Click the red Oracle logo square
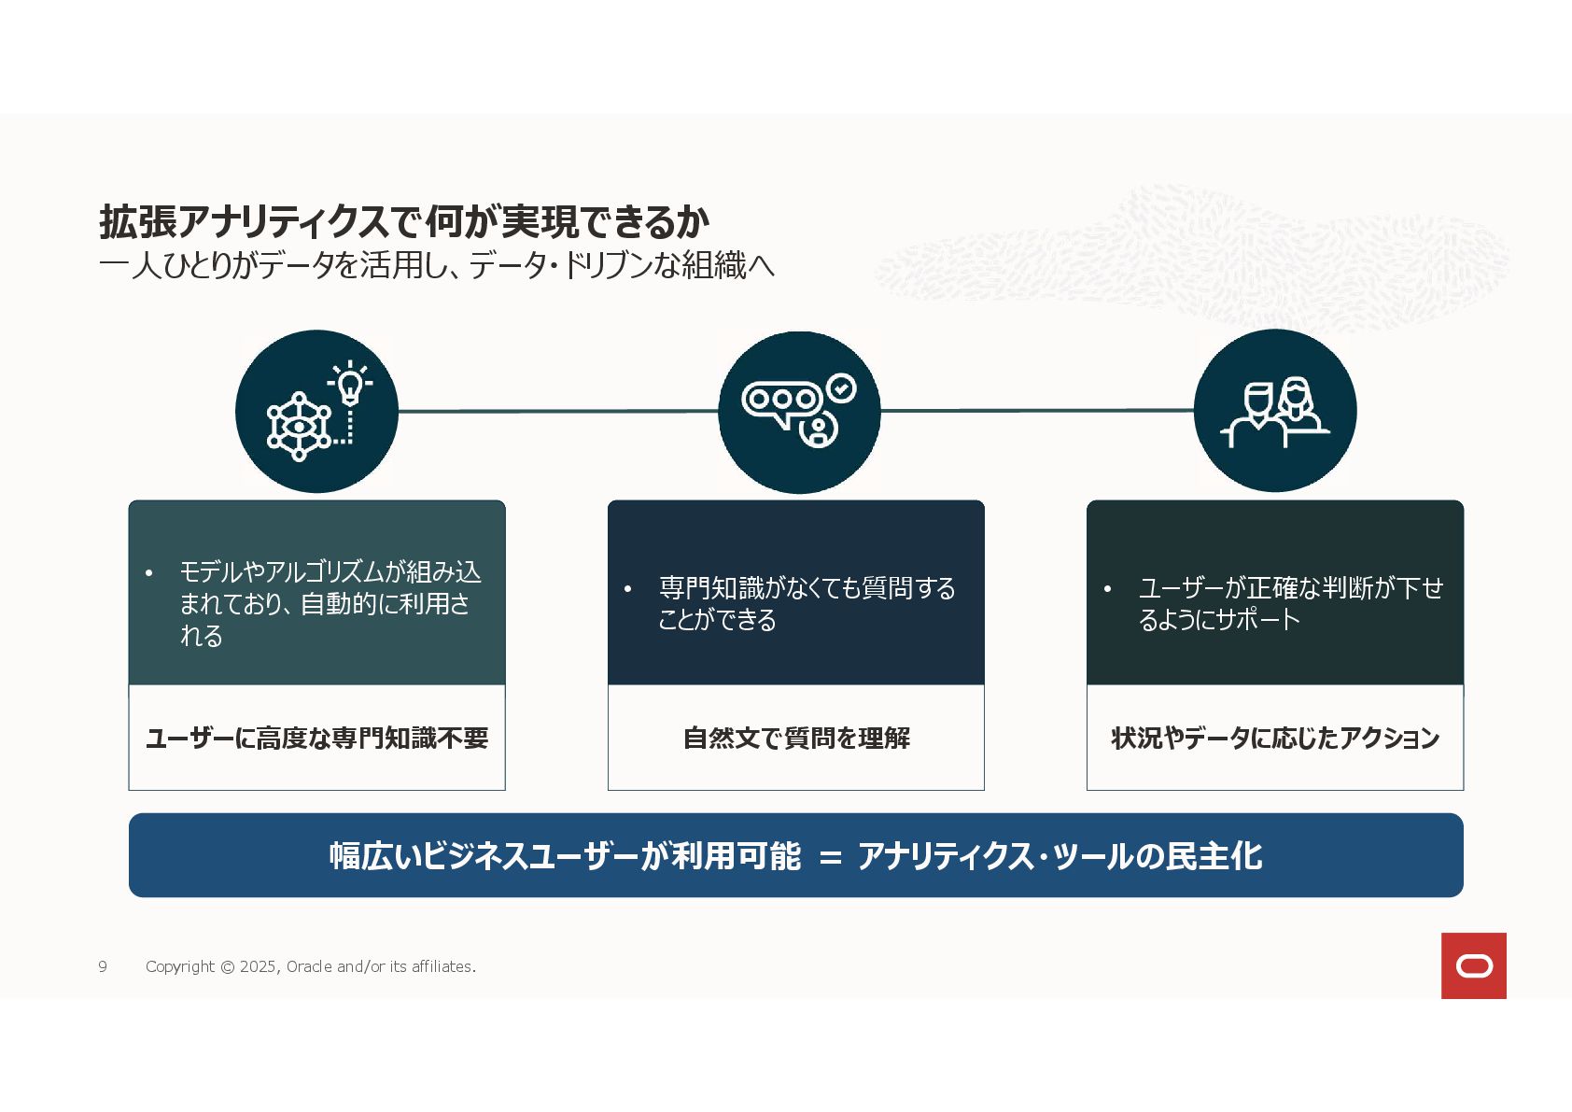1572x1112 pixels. tap(1473, 965)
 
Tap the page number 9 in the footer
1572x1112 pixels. tap(103, 966)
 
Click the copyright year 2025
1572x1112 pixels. tap(258, 966)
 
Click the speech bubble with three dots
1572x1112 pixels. tap(780, 401)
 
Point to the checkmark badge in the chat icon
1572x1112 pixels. tap(842, 387)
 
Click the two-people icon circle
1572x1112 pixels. tap(1274, 411)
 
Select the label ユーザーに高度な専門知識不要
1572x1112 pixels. tap(316, 739)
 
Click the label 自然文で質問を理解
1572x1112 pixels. tap(796, 739)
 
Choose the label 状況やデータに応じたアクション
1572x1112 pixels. tap(1275, 739)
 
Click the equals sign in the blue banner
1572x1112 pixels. tap(830, 857)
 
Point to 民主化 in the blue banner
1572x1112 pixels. tap(1213, 856)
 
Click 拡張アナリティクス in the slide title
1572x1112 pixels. tap(243, 222)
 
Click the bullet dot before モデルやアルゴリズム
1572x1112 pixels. tap(148, 572)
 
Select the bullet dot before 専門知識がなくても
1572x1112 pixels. tap(628, 589)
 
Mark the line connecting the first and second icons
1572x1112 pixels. tap(557, 411)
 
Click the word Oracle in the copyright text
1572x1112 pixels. tap(309, 966)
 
